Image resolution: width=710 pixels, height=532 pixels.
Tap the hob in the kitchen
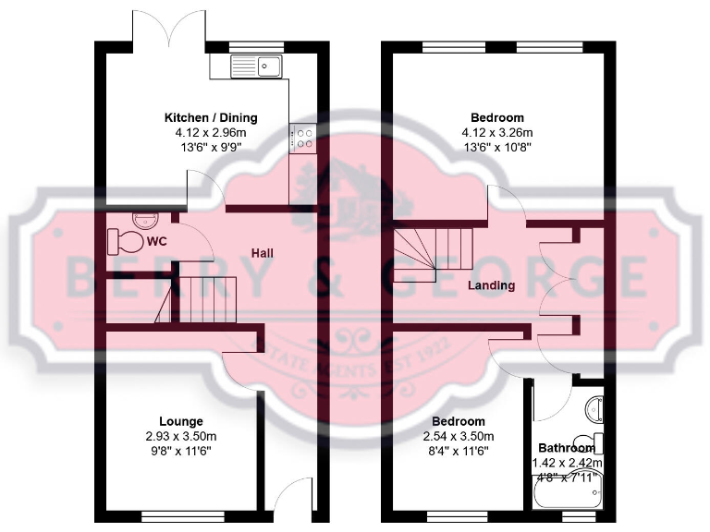tap(303, 138)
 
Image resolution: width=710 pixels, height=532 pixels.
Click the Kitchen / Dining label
tap(211, 118)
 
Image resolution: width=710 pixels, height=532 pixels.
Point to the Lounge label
tap(180, 421)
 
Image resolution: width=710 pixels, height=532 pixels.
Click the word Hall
tap(263, 253)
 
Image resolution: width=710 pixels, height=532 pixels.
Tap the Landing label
tap(491, 285)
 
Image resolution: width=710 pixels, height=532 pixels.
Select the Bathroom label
tap(568, 448)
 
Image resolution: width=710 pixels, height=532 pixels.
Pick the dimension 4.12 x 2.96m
tap(211, 133)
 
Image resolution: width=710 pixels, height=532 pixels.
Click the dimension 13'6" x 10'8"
tap(497, 148)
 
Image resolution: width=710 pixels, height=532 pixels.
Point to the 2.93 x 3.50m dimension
tap(180, 436)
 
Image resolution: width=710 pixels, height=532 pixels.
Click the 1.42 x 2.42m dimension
tap(568, 463)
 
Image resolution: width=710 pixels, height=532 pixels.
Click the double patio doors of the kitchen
tap(169, 28)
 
